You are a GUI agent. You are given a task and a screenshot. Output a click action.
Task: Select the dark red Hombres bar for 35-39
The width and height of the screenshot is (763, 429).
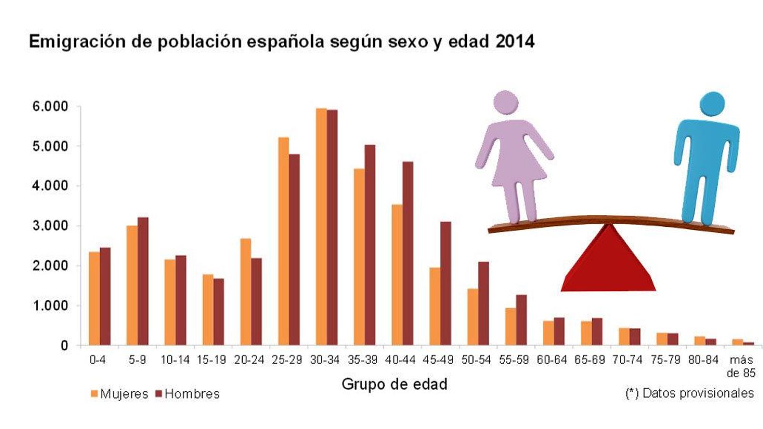point(370,245)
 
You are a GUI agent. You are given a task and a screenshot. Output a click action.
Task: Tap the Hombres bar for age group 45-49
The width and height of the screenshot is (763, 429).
point(445,284)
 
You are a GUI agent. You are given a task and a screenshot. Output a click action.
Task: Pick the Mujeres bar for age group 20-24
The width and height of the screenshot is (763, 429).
point(246,292)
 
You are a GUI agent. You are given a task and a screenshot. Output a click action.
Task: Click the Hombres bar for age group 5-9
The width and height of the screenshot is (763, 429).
point(143,281)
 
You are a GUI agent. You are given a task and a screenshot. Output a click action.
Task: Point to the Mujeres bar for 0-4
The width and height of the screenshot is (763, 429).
point(94,298)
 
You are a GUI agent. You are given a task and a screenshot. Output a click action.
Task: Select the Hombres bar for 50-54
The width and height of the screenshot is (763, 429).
point(484,304)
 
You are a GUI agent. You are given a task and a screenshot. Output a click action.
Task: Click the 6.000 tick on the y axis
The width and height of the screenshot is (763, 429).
point(50,106)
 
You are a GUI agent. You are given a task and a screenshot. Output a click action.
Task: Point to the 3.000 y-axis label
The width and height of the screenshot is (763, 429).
point(50,225)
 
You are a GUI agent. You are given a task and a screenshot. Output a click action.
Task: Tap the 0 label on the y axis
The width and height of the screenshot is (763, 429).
point(64,346)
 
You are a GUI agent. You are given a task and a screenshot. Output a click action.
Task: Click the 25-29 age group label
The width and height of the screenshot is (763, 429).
point(287,360)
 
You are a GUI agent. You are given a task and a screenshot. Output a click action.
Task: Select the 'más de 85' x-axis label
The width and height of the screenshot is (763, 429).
point(741,367)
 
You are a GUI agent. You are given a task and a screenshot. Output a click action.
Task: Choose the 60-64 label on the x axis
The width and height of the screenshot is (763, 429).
point(552,360)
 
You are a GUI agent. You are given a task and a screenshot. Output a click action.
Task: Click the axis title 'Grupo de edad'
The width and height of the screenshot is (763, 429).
point(394,384)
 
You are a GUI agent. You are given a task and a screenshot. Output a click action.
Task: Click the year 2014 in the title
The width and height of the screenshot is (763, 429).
point(515,41)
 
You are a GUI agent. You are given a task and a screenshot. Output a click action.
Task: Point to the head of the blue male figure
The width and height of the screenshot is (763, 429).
point(712,103)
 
